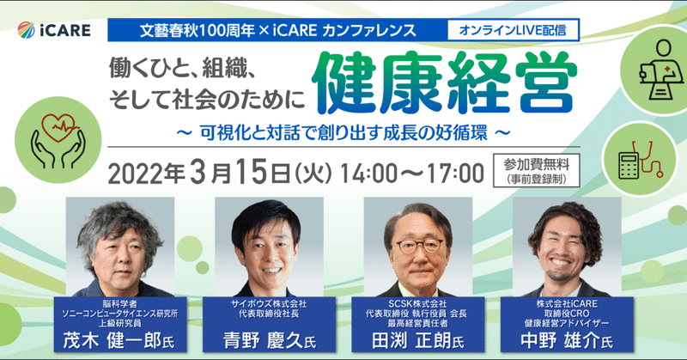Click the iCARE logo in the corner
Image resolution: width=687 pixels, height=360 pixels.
[x=54, y=30]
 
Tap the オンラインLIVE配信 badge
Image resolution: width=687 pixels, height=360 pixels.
[x=513, y=30]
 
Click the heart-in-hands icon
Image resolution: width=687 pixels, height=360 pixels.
[x=58, y=140]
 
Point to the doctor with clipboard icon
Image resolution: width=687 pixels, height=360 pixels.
[x=661, y=70]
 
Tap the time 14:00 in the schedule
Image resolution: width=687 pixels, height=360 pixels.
[x=368, y=174]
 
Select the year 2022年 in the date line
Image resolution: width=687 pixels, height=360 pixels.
[x=146, y=174]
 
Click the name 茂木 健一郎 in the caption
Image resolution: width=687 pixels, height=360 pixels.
[x=112, y=341]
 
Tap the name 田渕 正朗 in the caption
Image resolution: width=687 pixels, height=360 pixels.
[x=411, y=341]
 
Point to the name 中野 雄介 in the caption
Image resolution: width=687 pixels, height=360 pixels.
[x=560, y=341]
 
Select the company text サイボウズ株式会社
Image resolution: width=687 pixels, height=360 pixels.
[x=269, y=303]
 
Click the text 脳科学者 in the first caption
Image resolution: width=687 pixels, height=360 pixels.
[x=120, y=303]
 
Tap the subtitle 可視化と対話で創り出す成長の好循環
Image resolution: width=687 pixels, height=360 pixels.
[x=343, y=133]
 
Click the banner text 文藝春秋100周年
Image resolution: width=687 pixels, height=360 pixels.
[x=198, y=30]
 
